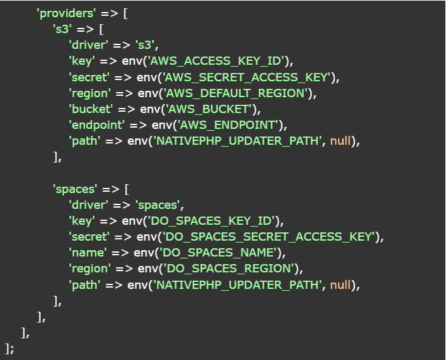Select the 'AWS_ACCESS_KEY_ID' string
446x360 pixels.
(216, 61)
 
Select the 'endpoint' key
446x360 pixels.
(95, 125)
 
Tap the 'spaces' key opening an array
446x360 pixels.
(76, 189)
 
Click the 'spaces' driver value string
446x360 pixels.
(159, 204)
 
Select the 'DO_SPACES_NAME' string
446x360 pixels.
(219, 253)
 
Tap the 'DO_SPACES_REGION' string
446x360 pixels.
(229, 269)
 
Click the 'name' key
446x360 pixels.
(86, 253)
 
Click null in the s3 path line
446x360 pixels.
(341, 141)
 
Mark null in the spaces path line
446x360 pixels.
(341, 284)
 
